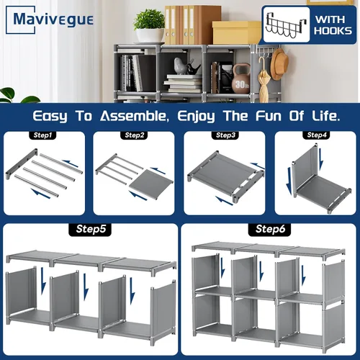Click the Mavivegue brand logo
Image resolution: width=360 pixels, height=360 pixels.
click(x=50, y=19)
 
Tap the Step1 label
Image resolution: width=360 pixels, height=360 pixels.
click(x=42, y=135)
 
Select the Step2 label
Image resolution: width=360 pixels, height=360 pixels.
click(x=134, y=135)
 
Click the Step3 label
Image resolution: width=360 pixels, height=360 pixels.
click(x=225, y=135)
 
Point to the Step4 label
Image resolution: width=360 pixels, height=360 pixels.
click(x=317, y=135)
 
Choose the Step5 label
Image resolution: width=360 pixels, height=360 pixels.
click(x=91, y=229)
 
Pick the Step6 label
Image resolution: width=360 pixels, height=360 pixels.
click(x=270, y=229)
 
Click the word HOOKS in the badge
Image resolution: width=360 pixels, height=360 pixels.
click(x=333, y=31)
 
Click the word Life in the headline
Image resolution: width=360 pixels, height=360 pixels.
click(x=326, y=116)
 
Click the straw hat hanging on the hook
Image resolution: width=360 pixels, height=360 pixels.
click(x=279, y=63)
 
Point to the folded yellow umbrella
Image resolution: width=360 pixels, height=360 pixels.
click(x=264, y=81)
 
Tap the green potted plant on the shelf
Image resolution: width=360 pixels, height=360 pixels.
click(x=149, y=27)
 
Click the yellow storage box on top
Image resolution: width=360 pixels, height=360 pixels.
click(x=237, y=32)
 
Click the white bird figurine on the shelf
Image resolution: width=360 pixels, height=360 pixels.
click(x=180, y=66)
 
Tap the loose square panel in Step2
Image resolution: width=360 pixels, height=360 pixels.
click(x=151, y=184)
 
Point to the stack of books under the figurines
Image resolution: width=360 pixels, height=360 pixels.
click(x=183, y=84)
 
